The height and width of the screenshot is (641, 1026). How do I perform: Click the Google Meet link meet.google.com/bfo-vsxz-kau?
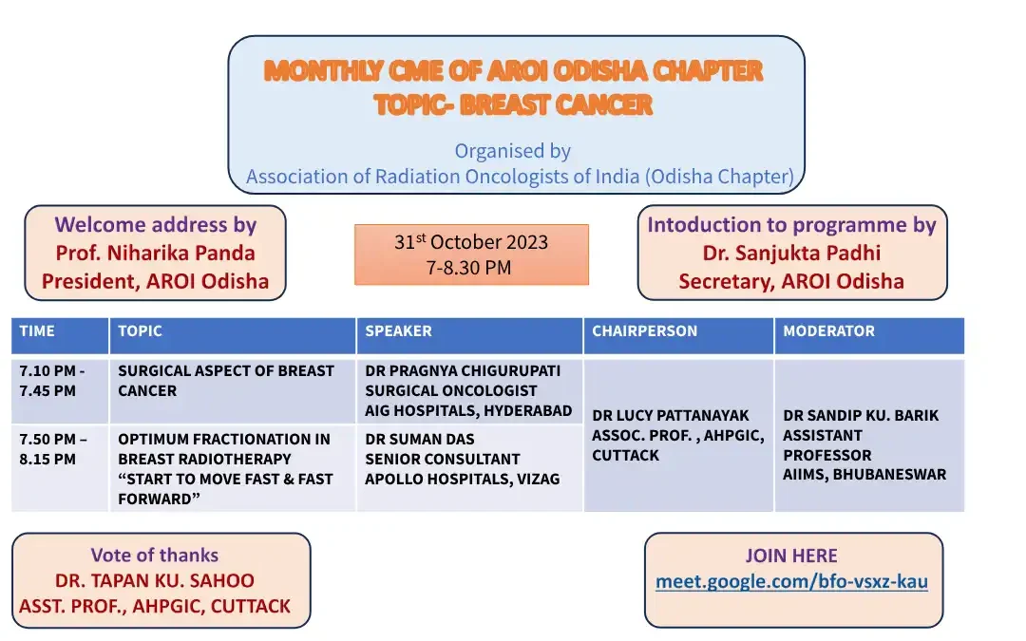pyautogui.click(x=791, y=581)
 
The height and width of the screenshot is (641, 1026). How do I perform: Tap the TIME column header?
pyautogui.click(x=38, y=331)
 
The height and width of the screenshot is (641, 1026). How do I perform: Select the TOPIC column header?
pyautogui.click(x=141, y=331)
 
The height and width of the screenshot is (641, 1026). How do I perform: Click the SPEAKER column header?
pyautogui.click(x=399, y=331)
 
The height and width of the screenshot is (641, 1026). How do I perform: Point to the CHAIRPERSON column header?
pyautogui.click(x=645, y=331)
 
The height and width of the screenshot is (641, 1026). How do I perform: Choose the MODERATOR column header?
pyautogui.click(x=829, y=331)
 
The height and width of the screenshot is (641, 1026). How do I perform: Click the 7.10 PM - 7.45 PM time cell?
pyautogui.click(x=52, y=381)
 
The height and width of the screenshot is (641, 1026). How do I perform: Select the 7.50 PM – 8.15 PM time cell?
pyautogui.click(x=53, y=449)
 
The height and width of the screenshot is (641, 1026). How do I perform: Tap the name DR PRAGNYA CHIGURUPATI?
pyautogui.click(x=463, y=370)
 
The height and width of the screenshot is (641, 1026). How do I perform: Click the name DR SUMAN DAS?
pyautogui.click(x=420, y=439)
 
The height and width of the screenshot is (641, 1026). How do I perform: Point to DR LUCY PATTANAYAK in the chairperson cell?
pyautogui.click(x=671, y=415)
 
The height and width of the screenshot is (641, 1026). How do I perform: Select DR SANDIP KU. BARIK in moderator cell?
pyautogui.click(x=861, y=415)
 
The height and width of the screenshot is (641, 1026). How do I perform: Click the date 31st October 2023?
pyautogui.click(x=471, y=242)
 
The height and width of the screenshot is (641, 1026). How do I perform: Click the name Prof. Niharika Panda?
pyautogui.click(x=155, y=253)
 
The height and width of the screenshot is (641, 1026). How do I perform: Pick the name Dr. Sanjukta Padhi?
pyautogui.click(x=791, y=253)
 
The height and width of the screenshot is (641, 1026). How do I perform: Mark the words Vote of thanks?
pyautogui.click(x=155, y=556)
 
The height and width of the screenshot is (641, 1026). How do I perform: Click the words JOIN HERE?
pyautogui.click(x=791, y=556)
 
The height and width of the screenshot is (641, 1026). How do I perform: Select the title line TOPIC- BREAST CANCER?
pyautogui.click(x=514, y=104)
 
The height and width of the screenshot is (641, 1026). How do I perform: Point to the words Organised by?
pyautogui.click(x=512, y=151)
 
